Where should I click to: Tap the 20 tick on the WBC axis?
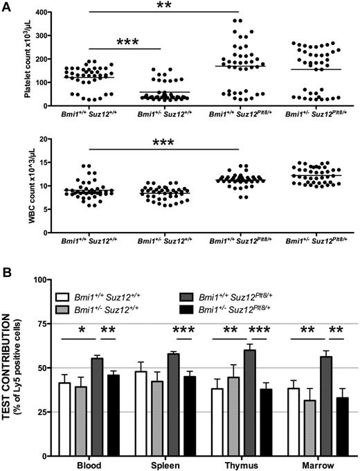point(48,140)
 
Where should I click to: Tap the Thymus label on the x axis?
point(238,464)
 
